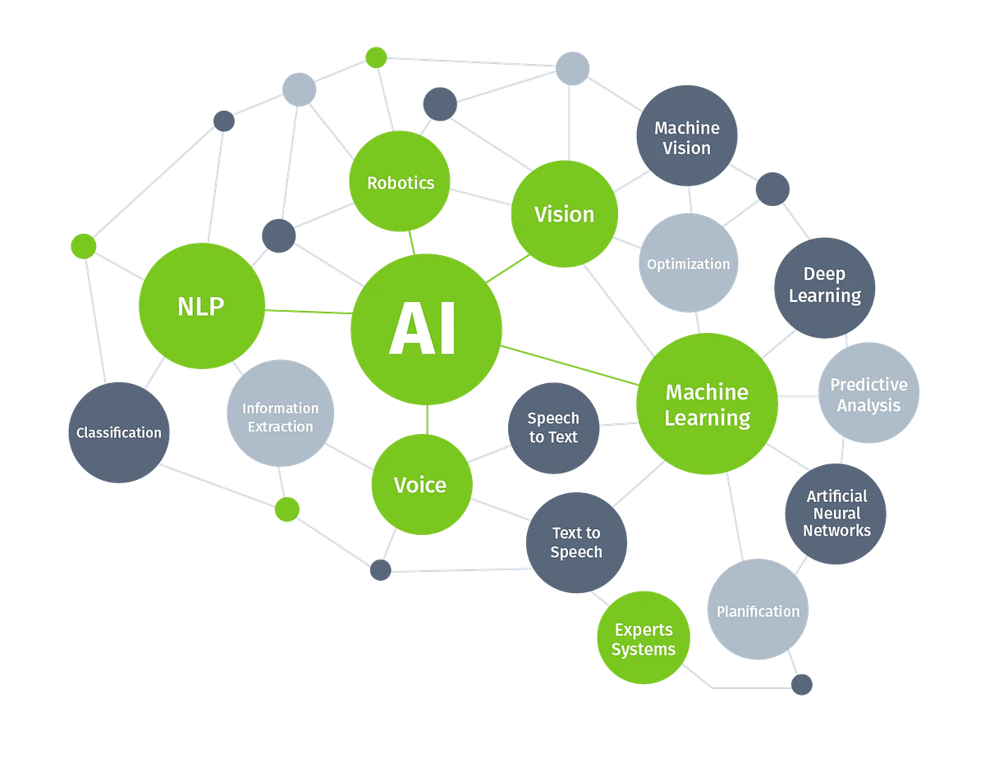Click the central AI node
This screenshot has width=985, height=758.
tap(426, 329)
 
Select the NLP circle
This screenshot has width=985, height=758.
tap(202, 306)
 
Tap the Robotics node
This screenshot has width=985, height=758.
tap(400, 181)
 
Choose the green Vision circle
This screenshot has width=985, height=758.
tap(565, 214)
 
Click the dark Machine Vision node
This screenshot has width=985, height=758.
tap(687, 135)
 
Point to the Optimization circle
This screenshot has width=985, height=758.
tap(689, 263)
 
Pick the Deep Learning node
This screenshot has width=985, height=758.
tap(825, 288)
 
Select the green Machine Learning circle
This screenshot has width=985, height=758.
tap(707, 404)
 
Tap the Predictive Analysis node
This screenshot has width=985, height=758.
tap(868, 393)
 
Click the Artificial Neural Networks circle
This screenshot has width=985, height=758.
tap(836, 514)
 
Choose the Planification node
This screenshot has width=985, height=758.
tap(758, 609)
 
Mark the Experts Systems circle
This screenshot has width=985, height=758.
tap(644, 637)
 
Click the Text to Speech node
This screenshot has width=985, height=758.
tap(576, 542)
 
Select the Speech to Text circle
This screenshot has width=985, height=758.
tap(553, 428)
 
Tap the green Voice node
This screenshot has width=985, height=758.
tap(422, 484)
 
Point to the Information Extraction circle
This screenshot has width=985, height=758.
tap(280, 413)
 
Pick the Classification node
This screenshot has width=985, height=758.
tap(119, 432)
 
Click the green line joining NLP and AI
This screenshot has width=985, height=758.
tap(309, 312)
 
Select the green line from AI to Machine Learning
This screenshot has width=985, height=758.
tap(570, 365)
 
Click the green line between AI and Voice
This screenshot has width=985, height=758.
tap(427, 419)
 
